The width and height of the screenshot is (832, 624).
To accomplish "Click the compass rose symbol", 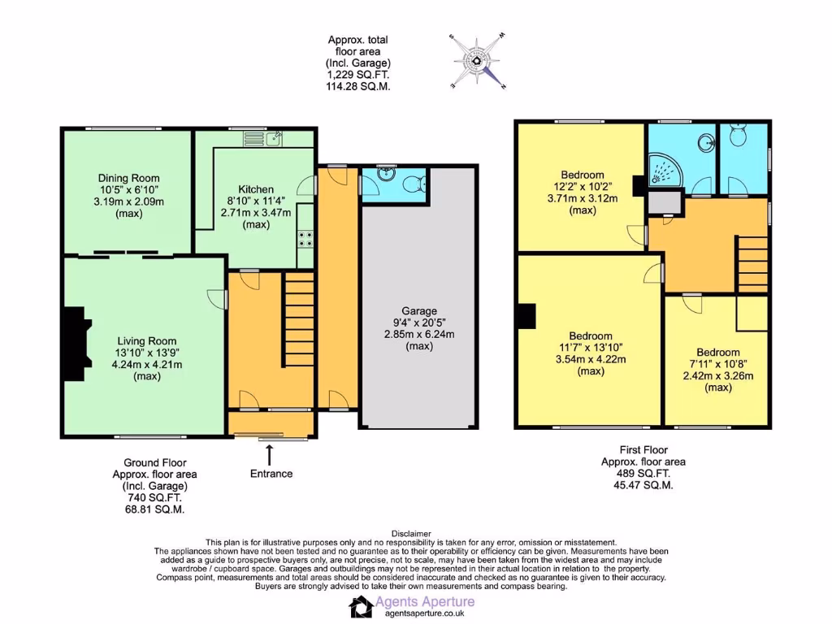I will click(478, 60).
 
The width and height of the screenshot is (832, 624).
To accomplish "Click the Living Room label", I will click(146, 341).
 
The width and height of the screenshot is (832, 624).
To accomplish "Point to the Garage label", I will click(418, 311).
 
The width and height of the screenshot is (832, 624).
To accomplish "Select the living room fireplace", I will click(75, 344).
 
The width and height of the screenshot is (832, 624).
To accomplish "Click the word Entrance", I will click(271, 474).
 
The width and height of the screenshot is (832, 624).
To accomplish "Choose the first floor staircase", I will click(752, 263).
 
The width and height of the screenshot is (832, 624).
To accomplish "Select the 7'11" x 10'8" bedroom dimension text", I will click(717, 364).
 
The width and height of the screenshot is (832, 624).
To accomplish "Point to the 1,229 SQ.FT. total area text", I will click(358, 74).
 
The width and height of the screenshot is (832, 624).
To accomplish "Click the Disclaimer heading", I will click(415, 533).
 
